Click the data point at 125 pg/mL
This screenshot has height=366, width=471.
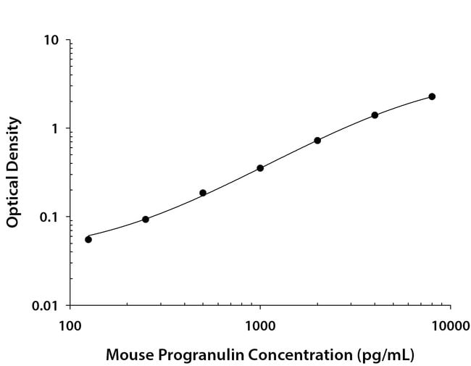(88, 239)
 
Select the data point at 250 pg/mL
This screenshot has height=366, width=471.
(146, 219)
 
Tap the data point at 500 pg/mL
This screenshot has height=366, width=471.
(203, 193)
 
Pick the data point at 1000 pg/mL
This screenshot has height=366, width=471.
(260, 168)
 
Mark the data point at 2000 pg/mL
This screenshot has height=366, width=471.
(317, 141)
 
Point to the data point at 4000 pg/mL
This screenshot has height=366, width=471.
(375, 115)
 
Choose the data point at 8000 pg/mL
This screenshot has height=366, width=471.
(432, 96)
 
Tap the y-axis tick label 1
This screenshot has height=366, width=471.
(55, 128)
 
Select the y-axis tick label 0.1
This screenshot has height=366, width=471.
(49, 217)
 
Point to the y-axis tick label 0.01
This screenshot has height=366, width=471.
(46, 306)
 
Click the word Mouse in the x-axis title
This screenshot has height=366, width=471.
(128, 355)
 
